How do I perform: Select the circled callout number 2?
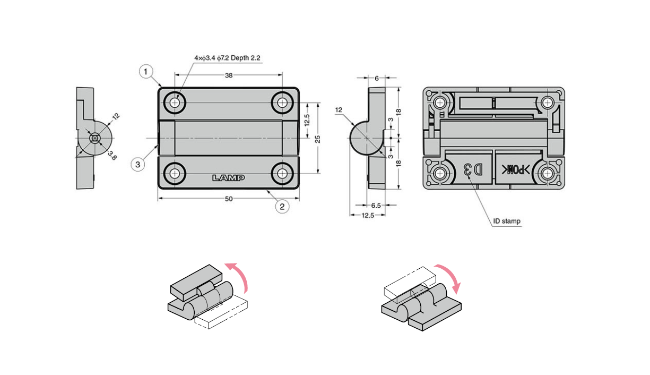click(x=282, y=206)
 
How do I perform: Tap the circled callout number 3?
click(x=138, y=165)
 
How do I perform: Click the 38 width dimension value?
click(x=229, y=75)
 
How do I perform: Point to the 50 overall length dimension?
click(x=229, y=199)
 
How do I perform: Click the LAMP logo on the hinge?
click(x=229, y=178)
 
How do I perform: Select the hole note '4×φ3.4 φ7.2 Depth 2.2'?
click(x=227, y=58)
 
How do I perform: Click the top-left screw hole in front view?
click(x=175, y=103)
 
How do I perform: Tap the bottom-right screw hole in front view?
click(x=282, y=173)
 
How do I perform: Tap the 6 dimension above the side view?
click(x=376, y=78)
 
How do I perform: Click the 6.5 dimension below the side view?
click(x=376, y=205)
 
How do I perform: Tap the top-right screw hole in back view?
click(x=548, y=103)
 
